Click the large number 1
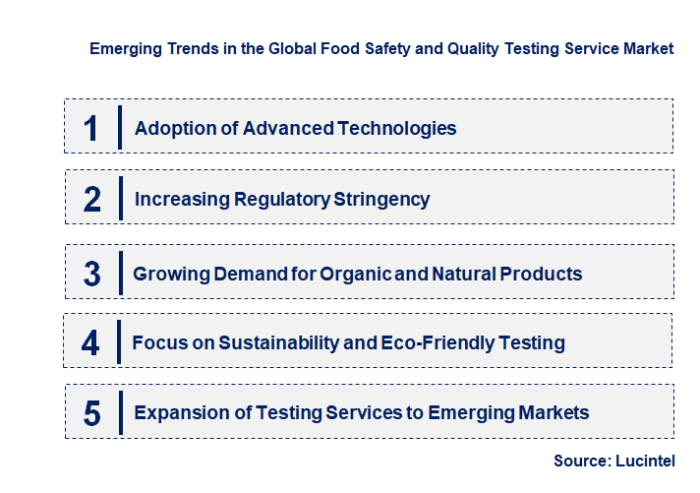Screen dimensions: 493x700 (x=91, y=128)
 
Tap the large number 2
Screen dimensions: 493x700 (x=92, y=200)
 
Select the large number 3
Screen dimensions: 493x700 (x=91, y=274)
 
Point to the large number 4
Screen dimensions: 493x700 (x=90, y=343)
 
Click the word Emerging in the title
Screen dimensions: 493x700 (x=123, y=48)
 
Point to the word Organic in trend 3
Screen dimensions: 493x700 (x=352, y=274)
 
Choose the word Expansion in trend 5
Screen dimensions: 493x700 (x=177, y=412)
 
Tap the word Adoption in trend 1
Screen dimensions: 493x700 (x=170, y=128)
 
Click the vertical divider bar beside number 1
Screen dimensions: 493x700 (x=119, y=127)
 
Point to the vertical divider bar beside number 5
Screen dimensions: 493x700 (x=119, y=411)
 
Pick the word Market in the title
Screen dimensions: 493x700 (x=648, y=48)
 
